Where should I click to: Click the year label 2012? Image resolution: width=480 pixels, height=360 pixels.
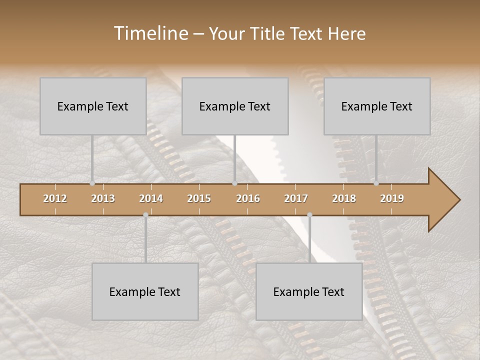tap(55, 198)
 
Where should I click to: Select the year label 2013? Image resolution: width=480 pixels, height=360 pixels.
tap(103, 198)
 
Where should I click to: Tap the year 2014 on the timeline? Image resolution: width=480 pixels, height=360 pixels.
tap(151, 198)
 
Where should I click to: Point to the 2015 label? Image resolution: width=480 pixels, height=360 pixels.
tap(199, 198)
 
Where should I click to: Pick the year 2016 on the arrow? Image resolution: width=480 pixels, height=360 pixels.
tap(248, 198)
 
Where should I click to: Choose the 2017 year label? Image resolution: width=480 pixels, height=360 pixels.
tap(296, 198)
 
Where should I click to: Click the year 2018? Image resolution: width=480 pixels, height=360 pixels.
tap(344, 198)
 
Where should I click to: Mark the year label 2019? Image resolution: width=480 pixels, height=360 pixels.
tap(392, 198)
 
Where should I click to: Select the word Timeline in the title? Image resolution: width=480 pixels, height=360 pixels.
tap(149, 33)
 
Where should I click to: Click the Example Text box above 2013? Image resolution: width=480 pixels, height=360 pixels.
tap(93, 106)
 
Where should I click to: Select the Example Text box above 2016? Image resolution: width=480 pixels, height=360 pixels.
tap(235, 106)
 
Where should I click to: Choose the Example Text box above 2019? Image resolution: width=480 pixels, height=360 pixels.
tap(377, 106)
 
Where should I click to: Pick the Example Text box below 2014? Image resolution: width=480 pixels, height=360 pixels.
tap(145, 291)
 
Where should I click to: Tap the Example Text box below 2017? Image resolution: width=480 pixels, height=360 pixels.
tap(309, 291)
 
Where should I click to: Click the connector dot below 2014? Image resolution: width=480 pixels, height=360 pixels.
tap(145, 215)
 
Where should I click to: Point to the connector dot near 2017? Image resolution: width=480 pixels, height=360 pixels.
tap(309, 215)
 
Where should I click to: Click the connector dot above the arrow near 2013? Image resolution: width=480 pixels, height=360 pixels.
tap(92, 183)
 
